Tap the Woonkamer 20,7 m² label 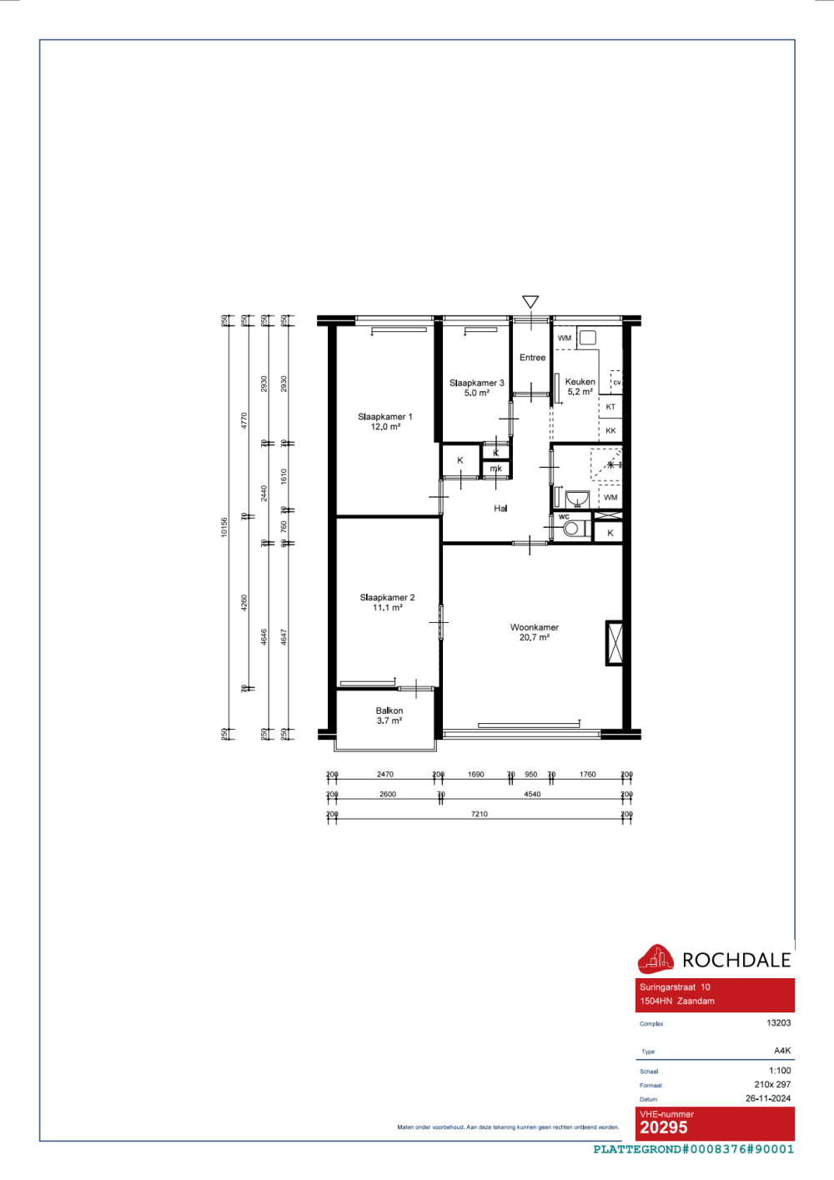pos(535,632)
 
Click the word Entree pos(532,358)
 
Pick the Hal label pos(500,509)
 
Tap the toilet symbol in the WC pos(573,528)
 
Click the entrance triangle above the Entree pos(530,302)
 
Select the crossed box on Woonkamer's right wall pos(614,643)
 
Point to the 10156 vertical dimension pos(224,527)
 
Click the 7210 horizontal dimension pos(479,814)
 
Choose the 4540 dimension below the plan pos(532,794)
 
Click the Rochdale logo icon pos(656,959)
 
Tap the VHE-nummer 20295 pos(664,1127)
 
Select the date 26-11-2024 pos(768,1098)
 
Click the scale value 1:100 pos(780,1071)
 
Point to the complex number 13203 pos(778,1022)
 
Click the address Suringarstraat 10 pos(675,987)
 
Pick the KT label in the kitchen pos(610,407)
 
